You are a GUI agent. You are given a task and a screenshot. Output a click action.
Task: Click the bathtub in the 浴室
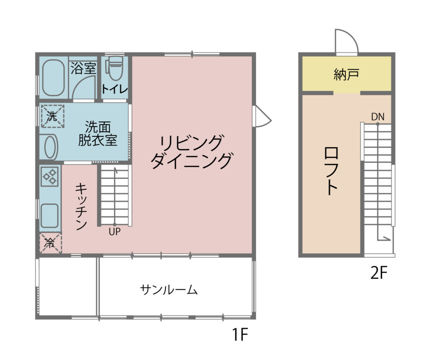(x=54, y=78)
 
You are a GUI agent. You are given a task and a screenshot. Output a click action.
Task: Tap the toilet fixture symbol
(x=114, y=68)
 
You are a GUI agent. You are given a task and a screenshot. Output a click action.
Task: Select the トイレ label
(x=115, y=89)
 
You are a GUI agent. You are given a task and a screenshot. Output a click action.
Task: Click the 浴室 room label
(x=83, y=68)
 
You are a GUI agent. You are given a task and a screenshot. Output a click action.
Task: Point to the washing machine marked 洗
(x=53, y=116)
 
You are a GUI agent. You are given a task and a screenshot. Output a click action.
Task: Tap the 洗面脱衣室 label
(x=98, y=133)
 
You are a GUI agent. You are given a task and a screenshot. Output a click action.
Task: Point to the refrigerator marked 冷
(x=51, y=243)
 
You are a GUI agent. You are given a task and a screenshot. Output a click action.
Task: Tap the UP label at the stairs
(x=114, y=232)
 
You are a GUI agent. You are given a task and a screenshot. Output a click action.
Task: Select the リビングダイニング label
(x=191, y=152)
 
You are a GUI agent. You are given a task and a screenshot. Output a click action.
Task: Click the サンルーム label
(x=169, y=290)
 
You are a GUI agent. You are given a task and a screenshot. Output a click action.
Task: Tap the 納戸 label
(x=346, y=74)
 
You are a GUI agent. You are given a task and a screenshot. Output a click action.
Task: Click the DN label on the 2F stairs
(x=378, y=117)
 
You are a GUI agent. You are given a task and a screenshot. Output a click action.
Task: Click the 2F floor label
(x=379, y=273)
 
